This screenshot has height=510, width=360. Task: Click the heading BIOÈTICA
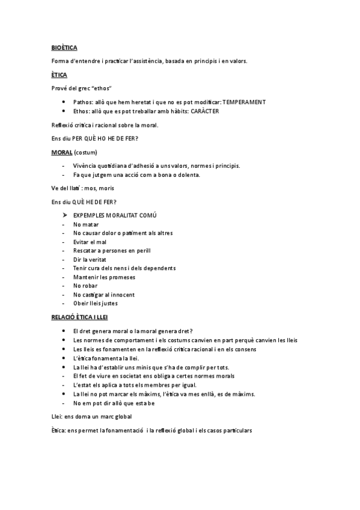tap(64, 48)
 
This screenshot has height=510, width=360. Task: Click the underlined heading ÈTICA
tap(59, 75)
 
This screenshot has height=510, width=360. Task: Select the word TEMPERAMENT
tap(244, 102)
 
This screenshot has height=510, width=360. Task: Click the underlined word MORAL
tap(62, 152)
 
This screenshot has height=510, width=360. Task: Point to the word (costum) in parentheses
tap(85, 152)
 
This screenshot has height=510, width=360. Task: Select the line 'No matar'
tap(86, 223)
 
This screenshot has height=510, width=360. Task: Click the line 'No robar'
tap(86, 286)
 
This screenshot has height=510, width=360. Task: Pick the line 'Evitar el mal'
tap(90, 241)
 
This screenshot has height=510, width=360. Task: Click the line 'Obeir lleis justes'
tap(95, 304)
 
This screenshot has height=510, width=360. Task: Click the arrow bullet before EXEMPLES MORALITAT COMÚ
tap(64, 215)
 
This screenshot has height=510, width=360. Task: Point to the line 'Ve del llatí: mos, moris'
tap(82, 188)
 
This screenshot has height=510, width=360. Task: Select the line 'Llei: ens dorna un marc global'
tap(91, 416)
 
